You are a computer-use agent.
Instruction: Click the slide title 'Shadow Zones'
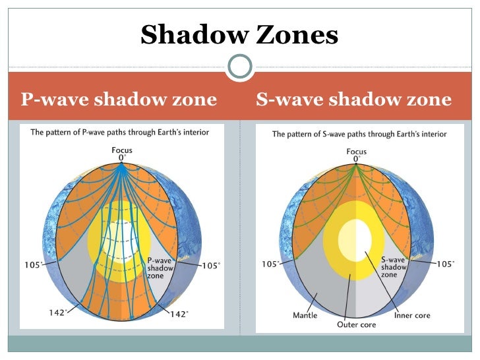[x=239, y=35]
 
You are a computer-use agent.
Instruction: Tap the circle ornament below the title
[x=239, y=66]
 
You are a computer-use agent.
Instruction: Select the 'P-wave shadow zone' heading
[x=119, y=100]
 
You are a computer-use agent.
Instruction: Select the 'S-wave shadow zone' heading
[x=353, y=100]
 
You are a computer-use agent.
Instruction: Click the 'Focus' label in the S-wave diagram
[x=357, y=152]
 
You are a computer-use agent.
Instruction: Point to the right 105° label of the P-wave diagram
[x=211, y=266]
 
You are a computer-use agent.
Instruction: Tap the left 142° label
[x=57, y=313]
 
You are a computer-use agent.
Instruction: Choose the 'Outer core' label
[x=356, y=324]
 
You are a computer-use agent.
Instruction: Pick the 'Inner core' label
[x=412, y=315]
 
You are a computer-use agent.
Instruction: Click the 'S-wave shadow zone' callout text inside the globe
[x=395, y=267]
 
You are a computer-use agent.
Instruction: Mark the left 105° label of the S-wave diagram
[x=270, y=264]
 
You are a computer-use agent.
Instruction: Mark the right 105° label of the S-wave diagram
[x=445, y=264]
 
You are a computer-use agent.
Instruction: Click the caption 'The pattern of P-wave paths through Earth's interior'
[x=120, y=133]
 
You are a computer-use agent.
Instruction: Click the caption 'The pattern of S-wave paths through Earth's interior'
[x=359, y=135]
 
